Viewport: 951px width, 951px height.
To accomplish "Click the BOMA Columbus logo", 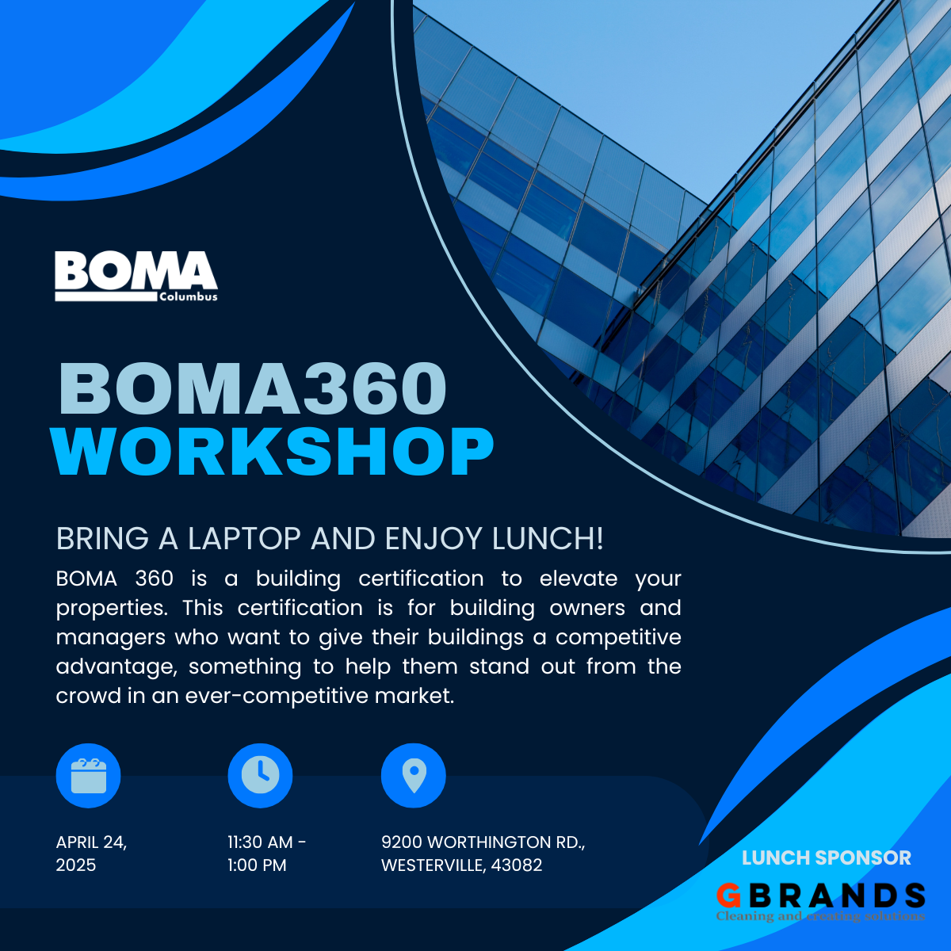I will click(136, 276).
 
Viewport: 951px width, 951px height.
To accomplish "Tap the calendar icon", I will click(88, 776).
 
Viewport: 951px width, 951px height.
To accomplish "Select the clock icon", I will click(260, 775).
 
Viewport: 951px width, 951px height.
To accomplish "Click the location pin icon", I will click(414, 775).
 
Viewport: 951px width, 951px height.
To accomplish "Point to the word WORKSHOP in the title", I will click(273, 453).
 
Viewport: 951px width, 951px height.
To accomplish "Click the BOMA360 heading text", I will click(253, 388).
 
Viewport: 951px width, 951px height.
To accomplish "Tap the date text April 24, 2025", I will click(91, 853).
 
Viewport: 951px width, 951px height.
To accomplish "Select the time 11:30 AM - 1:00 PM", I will click(266, 853).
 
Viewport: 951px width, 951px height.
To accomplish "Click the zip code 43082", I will click(517, 865).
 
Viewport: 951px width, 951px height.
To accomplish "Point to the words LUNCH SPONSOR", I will click(827, 857).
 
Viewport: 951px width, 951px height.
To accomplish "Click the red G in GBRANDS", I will click(728, 896).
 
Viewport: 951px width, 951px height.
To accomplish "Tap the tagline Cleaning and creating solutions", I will click(820, 916).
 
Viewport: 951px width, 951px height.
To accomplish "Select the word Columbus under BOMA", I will click(188, 297).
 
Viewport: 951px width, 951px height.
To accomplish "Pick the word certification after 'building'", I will click(421, 579).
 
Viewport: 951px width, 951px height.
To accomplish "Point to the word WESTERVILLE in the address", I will click(431, 865).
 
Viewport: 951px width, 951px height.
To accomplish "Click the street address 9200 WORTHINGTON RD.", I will click(483, 842).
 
